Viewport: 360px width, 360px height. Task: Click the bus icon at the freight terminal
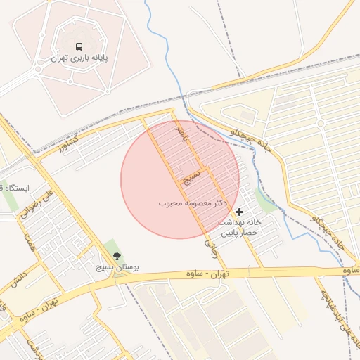(x=79, y=46)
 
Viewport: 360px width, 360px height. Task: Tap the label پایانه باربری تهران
(x=79, y=59)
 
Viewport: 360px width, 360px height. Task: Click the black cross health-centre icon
(x=240, y=212)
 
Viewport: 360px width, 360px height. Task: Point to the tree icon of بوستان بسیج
(x=117, y=257)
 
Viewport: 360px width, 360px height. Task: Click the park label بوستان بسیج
(x=117, y=269)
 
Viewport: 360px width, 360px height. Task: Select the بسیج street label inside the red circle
(x=192, y=176)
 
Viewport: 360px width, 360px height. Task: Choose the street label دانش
(x=19, y=278)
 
